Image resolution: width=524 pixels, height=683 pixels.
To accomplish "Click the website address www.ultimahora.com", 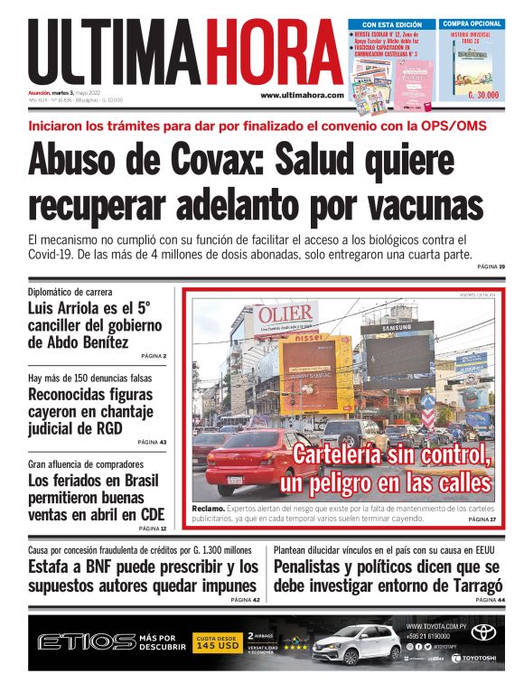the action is pos(302,95).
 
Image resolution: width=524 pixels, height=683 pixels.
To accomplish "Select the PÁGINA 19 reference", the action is pos(490,267).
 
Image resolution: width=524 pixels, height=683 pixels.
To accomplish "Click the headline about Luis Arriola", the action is pos(95,325).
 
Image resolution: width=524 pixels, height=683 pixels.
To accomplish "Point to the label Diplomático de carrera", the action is pos(70,292).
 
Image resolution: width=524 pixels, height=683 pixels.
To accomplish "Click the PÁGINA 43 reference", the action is pos(152,442).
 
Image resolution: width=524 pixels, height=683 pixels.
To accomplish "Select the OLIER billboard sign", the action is pos(283,315).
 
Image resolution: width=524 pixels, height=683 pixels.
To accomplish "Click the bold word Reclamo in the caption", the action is pos(208,510).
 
